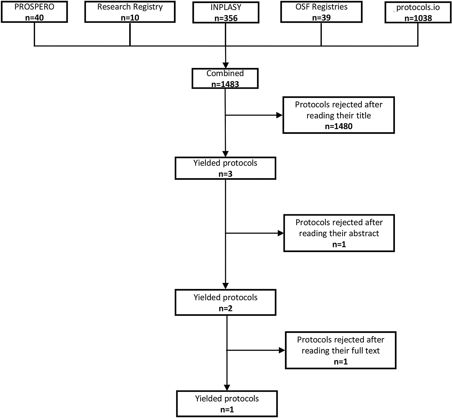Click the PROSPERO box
(x=34, y=12)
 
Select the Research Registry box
(x=130, y=12)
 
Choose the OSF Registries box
(x=321, y=12)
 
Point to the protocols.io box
(x=418, y=12)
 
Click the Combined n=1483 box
(x=225, y=78)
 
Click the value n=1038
(x=418, y=18)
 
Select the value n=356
(x=226, y=18)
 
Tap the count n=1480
(x=339, y=126)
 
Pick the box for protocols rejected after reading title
(x=339, y=115)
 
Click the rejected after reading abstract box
(x=339, y=233)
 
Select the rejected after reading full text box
(x=341, y=350)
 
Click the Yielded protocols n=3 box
(x=225, y=168)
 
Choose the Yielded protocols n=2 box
(x=225, y=302)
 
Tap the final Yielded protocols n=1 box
(x=227, y=404)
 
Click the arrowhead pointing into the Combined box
(x=226, y=65)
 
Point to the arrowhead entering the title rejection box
(x=279, y=115)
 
